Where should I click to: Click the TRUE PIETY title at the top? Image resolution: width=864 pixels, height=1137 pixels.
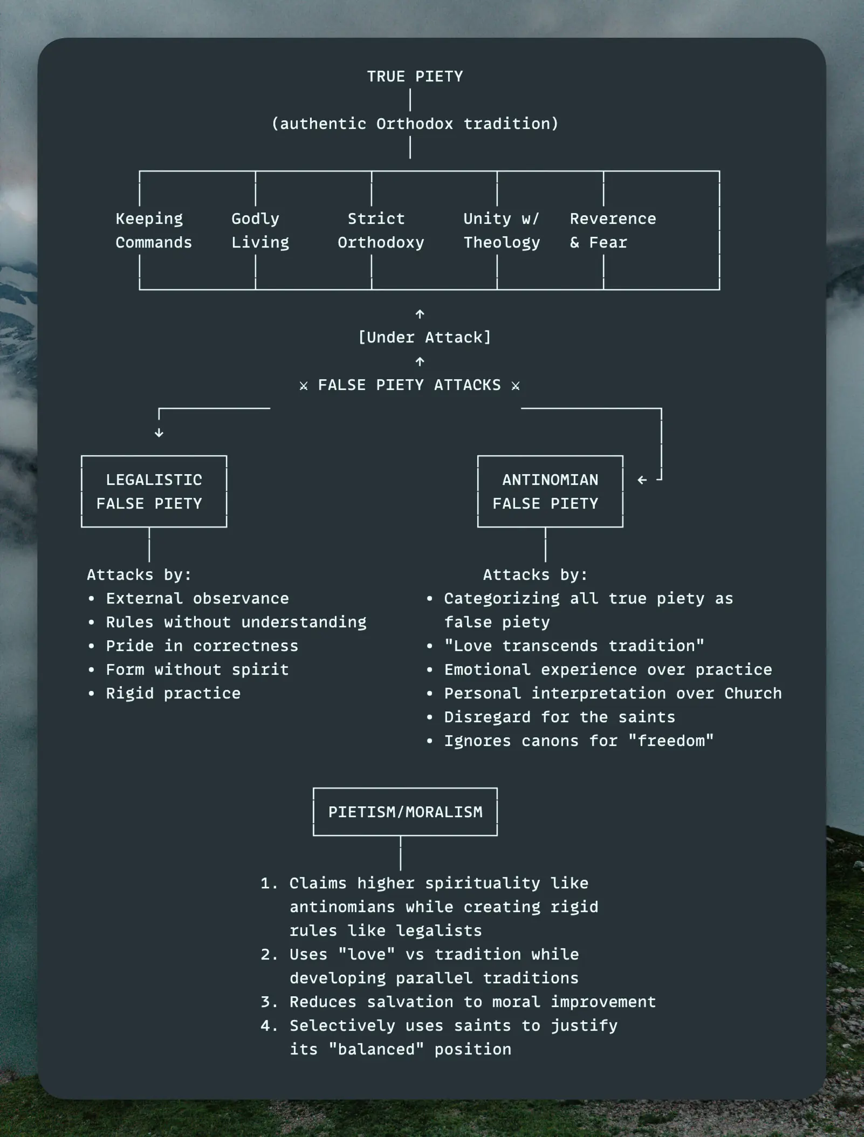[x=415, y=77]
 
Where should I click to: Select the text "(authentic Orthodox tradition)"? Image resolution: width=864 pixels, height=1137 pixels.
[x=415, y=124]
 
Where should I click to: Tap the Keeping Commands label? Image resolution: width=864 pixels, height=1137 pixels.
[x=153, y=231]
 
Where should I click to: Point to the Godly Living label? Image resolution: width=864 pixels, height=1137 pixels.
[x=260, y=231]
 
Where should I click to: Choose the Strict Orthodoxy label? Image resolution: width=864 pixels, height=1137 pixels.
[x=380, y=231]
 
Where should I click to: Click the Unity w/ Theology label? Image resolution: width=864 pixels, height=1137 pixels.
[x=501, y=231]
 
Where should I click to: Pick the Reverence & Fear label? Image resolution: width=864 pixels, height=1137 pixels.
[x=613, y=231]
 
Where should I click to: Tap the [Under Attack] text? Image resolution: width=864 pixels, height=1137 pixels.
[x=424, y=338]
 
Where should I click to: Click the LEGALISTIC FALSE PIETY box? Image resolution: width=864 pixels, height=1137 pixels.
[x=154, y=491]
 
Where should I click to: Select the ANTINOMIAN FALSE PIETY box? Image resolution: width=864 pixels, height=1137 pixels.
[x=550, y=491]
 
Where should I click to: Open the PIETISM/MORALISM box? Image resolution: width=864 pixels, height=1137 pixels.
[x=405, y=812]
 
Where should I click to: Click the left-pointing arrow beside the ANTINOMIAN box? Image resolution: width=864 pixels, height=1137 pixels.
[x=642, y=480]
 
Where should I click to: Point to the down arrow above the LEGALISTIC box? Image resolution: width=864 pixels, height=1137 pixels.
[x=159, y=433]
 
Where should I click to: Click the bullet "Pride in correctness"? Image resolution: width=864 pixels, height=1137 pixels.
[x=202, y=646]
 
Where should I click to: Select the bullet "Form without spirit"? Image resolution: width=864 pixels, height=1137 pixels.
[x=197, y=670]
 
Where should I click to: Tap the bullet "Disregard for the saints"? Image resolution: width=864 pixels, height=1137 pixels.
[x=559, y=717]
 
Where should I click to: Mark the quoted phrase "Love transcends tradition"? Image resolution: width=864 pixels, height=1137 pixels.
[x=574, y=646]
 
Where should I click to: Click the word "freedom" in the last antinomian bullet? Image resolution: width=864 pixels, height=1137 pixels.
[x=671, y=741]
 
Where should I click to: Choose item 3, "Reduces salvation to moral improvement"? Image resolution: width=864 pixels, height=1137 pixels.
[x=472, y=1002]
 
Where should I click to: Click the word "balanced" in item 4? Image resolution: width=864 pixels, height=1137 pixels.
[x=376, y=1050]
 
